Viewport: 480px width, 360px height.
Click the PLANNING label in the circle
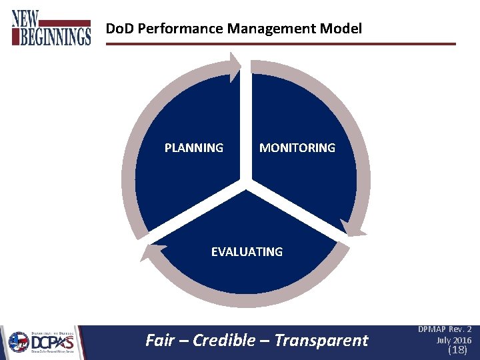(x=194, y=148)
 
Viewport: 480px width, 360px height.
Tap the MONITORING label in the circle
(x=297, y=148)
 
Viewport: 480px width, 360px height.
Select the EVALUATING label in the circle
(x=247, y=252)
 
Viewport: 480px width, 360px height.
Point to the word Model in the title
(x=341, y=29)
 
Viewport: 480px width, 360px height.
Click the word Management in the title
(x=272, y=29)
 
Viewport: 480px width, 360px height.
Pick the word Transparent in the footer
(x=321, y=341)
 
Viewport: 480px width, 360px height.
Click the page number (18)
(x=457, y=349)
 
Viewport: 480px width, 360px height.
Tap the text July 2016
(x=453, y=340)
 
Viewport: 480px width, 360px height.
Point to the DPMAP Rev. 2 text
(x=445, y=329)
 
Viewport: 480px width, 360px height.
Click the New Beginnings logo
(x=51, y=28)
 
